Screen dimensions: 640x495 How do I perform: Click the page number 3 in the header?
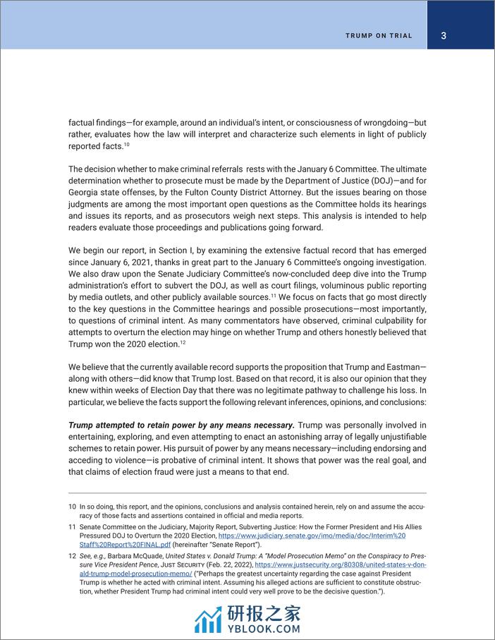(x=443, y=36)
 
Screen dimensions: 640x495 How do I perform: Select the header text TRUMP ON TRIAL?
(x=379, y=36)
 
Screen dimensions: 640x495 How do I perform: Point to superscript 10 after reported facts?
(x=126, y=145)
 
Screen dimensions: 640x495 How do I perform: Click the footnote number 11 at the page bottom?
(x=71, y=527)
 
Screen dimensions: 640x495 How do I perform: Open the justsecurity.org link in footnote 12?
(x=341, y=565)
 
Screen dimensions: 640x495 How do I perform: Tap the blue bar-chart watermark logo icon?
(x=209, y=618)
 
